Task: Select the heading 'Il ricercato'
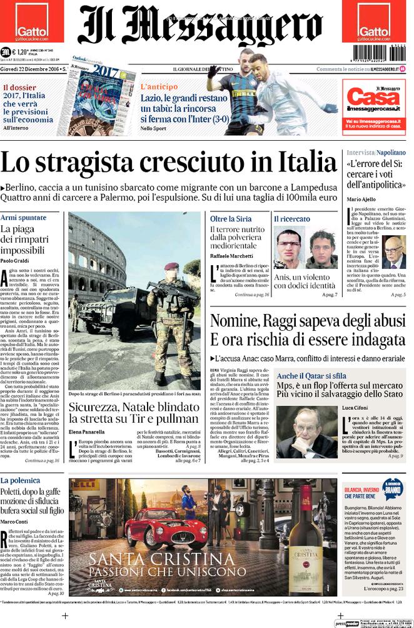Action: (x=292, y=219)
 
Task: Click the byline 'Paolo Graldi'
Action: (x=16, y=261)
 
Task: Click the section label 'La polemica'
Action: (x=21, y=480)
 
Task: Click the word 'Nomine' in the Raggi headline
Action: (x=236, y=322)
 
